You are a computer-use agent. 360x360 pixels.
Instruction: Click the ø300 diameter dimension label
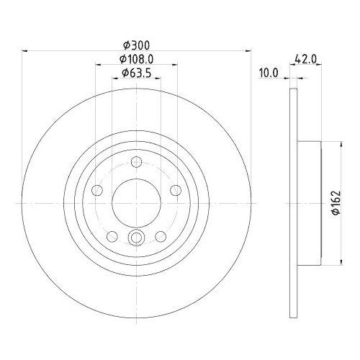tap(136, 45)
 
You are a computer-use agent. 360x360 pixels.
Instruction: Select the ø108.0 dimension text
tap(136, 59)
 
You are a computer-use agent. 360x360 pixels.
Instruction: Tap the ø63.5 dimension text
tap(136, 73)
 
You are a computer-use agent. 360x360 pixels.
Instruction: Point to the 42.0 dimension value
tap(306, 59)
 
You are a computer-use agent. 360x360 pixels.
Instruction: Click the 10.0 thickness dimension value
tap(269, 73)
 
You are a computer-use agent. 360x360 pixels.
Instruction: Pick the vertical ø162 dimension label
tap(336, 203)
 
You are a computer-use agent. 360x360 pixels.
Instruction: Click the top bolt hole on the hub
tap(136, 161)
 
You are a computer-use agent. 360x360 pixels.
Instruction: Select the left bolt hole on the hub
tap(97, 190)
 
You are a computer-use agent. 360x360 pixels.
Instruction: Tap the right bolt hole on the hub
tap(176, 190)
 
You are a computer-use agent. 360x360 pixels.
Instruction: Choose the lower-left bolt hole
tap(112, 237)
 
